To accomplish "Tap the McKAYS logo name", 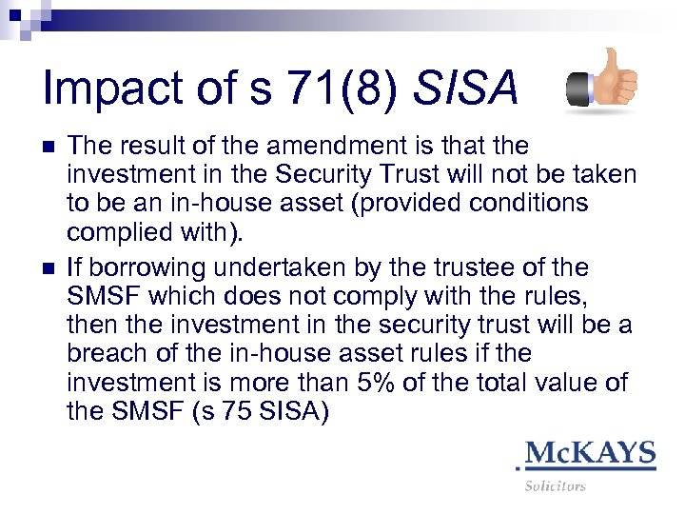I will (x=590, y=452).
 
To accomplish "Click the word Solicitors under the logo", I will (x=556, y=486).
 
